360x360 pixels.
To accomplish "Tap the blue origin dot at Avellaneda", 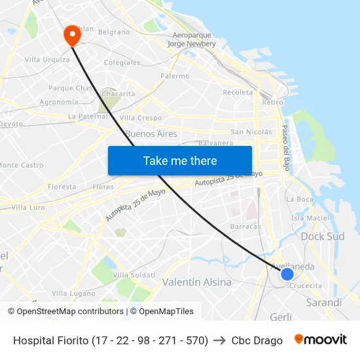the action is click(x=287, y=274).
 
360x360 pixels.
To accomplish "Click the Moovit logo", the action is click(x=321, y=340).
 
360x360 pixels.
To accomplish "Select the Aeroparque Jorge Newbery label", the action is click(x=191, y=39).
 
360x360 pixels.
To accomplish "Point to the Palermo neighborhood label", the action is click(x=175, y=76).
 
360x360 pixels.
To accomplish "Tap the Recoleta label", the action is click(x=238, y=92).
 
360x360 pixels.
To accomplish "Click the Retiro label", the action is click(x=272, y=102).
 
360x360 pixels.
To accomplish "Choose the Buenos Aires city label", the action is click(x=151, y=134).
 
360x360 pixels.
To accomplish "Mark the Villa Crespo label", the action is click(x=141, y=118).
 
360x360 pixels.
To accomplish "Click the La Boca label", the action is click(x=300, y=199).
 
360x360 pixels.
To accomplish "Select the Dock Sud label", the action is click(x=322, y=236).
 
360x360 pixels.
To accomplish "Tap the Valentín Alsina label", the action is click(x=196, y=282).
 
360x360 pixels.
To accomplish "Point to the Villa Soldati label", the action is click(x=134, y=275).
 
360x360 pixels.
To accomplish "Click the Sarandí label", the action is click(x=324, y=302).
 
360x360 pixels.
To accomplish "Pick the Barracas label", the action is click(x=245, y=226).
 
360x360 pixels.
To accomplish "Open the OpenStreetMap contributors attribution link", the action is click(x=70, y=312).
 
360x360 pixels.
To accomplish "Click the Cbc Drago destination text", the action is click(x=257, y=340).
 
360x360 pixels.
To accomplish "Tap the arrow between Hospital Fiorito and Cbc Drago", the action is click(x=220, y=340).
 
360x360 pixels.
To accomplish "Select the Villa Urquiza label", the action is click(x=47, y=60).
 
